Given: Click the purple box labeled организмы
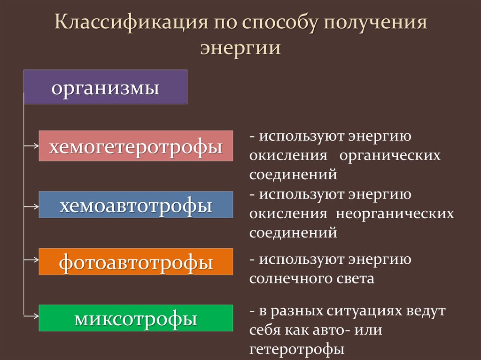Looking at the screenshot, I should (105, 87).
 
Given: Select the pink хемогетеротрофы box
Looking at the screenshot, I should (136, 146).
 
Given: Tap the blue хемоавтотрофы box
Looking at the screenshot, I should (136, 205).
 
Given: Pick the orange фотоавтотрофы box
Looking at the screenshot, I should (136, 261).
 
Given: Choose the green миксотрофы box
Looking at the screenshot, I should (136, 318).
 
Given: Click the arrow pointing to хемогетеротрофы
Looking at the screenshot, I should (31, 146).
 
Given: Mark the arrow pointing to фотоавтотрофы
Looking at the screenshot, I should (31, 259).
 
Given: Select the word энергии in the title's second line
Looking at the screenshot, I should (240, 48).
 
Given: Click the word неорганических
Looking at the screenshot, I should (394, 214).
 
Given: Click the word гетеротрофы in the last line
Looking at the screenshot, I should (297, 349).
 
